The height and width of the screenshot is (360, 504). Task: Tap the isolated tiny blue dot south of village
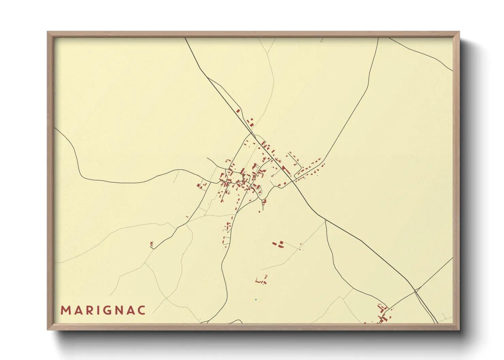(256, 299)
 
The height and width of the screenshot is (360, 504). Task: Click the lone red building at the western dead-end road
(152, 244)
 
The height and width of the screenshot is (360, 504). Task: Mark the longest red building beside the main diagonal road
(286, 170)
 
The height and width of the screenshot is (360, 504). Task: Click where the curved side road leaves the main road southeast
(326, 220)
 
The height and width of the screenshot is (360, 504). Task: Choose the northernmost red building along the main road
(238, 111)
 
